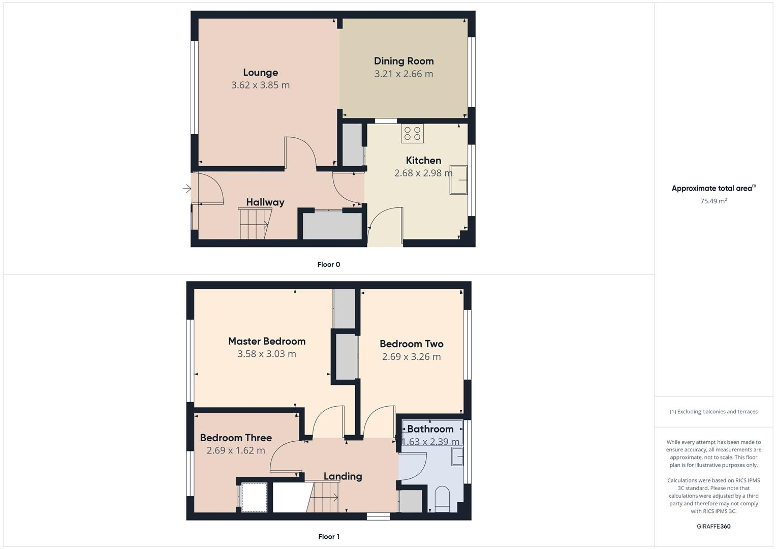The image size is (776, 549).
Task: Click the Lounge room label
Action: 260,73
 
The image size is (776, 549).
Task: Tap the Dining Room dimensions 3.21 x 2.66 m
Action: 403,74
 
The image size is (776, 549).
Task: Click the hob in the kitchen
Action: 412,133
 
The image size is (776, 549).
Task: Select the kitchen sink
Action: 458,180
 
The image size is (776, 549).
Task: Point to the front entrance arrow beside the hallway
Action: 187,189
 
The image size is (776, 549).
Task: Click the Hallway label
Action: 265,202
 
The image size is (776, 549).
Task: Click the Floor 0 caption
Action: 328,264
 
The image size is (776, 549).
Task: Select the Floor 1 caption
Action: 328,536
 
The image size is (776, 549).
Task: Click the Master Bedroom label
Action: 267,341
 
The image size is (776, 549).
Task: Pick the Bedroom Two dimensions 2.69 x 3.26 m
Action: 411,357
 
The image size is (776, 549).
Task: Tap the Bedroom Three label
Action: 236,438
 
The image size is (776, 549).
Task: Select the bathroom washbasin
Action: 457,456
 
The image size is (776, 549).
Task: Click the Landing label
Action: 343,476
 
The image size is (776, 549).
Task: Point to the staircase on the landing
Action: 323,497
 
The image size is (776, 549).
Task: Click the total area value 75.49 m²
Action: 713,201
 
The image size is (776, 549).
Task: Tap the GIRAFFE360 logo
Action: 713,527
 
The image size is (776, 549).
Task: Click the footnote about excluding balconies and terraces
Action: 713,412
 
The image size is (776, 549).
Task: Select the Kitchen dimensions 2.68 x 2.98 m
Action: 423,173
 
